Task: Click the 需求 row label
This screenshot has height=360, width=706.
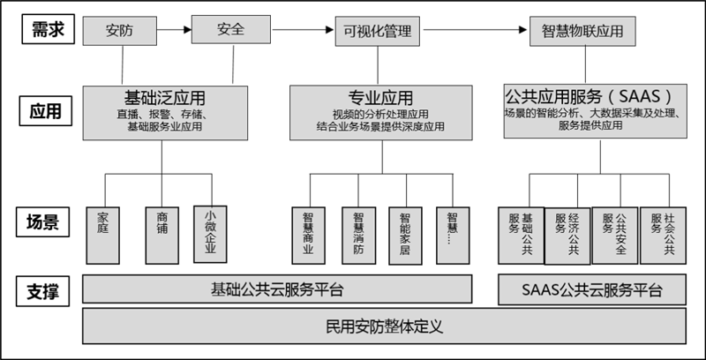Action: pos(49,29)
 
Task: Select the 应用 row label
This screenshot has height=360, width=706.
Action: pos(46,110)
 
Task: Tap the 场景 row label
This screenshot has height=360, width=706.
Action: pos(42,221)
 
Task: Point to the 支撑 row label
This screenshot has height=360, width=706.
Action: pos(42,291)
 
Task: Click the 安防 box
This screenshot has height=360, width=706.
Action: pos(120,31)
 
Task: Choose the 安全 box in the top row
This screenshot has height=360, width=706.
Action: pos(231,29)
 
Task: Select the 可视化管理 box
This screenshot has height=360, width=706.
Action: pos(378,31)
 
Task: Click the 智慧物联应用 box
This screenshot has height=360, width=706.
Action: pos(582,31)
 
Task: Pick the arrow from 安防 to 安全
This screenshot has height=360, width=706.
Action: pos(174,30)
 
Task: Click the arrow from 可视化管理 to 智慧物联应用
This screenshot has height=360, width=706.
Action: pos(475,30)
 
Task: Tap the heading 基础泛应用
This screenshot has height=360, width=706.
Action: pos(165,98)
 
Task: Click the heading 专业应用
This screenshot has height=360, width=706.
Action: pos(380,97)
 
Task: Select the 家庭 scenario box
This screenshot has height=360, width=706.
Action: pos(102,236)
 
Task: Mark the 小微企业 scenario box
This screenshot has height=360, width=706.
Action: pos(210,234)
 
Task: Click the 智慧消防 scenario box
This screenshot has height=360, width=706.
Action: pos(359,236)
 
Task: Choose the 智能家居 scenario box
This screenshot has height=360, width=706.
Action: pos(406,236)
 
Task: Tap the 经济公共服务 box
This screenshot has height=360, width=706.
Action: pos(567,236)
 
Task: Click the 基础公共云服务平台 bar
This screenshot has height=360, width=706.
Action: pos(277,289)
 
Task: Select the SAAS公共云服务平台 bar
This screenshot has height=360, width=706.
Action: pos(592,289)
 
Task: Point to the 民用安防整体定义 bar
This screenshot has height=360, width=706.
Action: pos(385,326)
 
